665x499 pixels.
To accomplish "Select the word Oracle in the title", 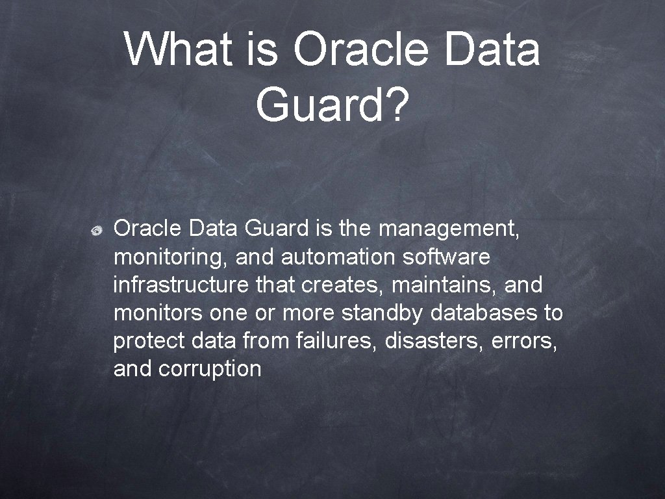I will pyautogui.click(x=358, y=49).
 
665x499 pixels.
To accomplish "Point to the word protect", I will pyautogui.click(x=148, y=341).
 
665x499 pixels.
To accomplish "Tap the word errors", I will pyautogui.click(x=524, y=341).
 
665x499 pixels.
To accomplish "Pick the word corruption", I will pyautogui.click(x=210, y=369).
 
